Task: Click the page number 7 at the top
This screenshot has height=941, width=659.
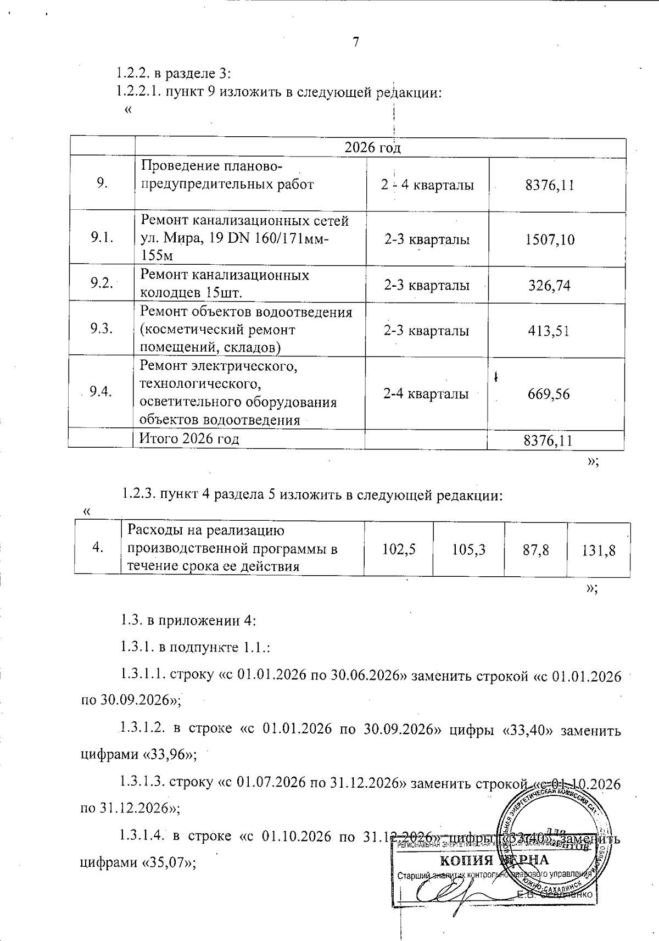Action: point(356,42)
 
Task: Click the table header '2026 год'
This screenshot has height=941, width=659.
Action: point(372,148)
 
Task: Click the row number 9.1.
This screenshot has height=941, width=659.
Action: point(102,237)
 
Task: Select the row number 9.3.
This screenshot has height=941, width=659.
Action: point(102,328)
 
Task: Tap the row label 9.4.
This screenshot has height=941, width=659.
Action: point(101,391)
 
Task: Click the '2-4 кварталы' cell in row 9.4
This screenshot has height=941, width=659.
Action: point(426,394)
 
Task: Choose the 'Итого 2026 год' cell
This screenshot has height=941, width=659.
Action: point(189,438)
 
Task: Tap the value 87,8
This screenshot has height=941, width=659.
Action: point(536,549)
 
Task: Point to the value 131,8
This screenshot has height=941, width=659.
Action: point(599,550)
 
